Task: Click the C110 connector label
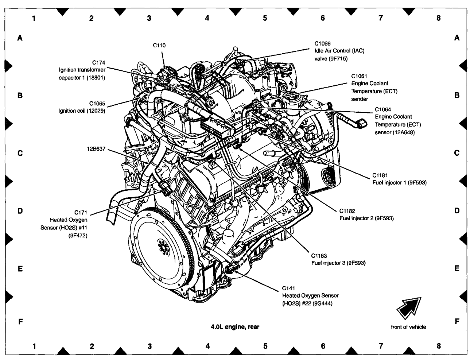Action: [x=159, y=46]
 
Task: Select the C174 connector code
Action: [x=98, y=62]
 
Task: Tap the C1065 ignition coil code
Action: [x=97, y=104]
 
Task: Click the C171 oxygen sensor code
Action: [x=81, y=212]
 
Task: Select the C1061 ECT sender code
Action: [x=359, y=76]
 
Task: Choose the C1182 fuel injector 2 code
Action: [x=347, y=211]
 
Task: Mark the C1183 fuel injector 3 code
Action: [x=319, y=256]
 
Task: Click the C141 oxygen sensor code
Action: [x=289, y=288]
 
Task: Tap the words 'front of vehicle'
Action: [x=408, y=327]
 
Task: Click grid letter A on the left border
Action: [x=21, y=38]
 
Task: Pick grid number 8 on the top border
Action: [x=438, y=18]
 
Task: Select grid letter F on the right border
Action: [x=457, y=321]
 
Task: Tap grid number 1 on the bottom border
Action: [x=34, y=346]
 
